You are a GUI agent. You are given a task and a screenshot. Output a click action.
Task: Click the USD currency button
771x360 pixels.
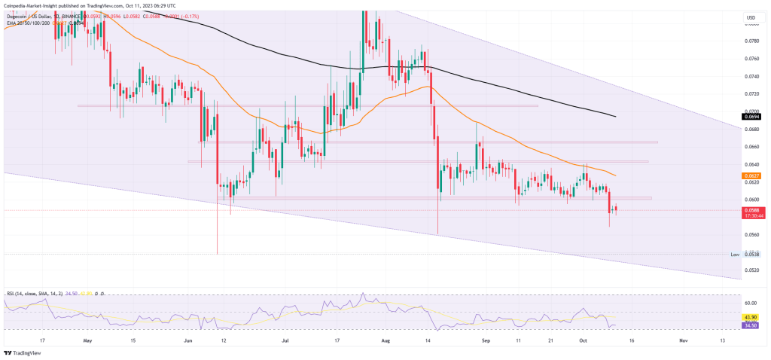pos(750,17)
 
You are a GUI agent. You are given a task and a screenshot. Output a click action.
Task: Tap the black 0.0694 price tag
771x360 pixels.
pos(751,117)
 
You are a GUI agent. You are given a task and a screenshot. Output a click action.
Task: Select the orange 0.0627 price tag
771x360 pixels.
pos(751,175)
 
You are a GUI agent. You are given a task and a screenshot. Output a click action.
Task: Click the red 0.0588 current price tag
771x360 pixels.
pos(751,210)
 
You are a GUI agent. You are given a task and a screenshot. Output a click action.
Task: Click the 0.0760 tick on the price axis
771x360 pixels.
pos(751,59)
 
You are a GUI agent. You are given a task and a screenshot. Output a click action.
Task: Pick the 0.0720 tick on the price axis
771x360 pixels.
pos(751,94)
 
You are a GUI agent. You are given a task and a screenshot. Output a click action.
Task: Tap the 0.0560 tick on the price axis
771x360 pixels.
pos(751,235)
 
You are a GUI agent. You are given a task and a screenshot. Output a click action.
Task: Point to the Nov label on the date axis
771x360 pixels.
pos(683,340)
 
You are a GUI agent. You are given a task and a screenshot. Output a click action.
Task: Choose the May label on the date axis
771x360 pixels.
pos(88,340)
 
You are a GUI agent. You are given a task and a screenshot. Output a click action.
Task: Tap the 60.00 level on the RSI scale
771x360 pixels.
pos(751,303)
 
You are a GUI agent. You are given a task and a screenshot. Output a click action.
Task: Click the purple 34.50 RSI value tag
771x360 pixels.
pos(751,325)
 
